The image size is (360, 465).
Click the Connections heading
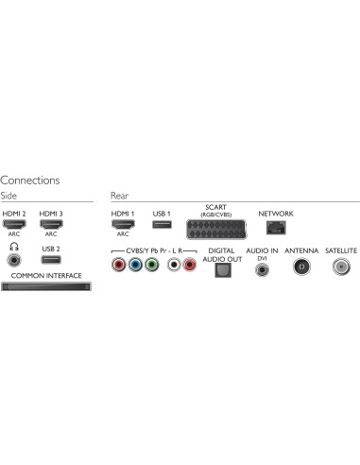point(30,180)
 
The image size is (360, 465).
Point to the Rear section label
point(119,196)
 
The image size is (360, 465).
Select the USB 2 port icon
point(51,257)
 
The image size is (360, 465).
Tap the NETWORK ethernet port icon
point(275,227)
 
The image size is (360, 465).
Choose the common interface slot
point(46,286)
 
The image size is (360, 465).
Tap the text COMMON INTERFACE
point(46,275)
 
